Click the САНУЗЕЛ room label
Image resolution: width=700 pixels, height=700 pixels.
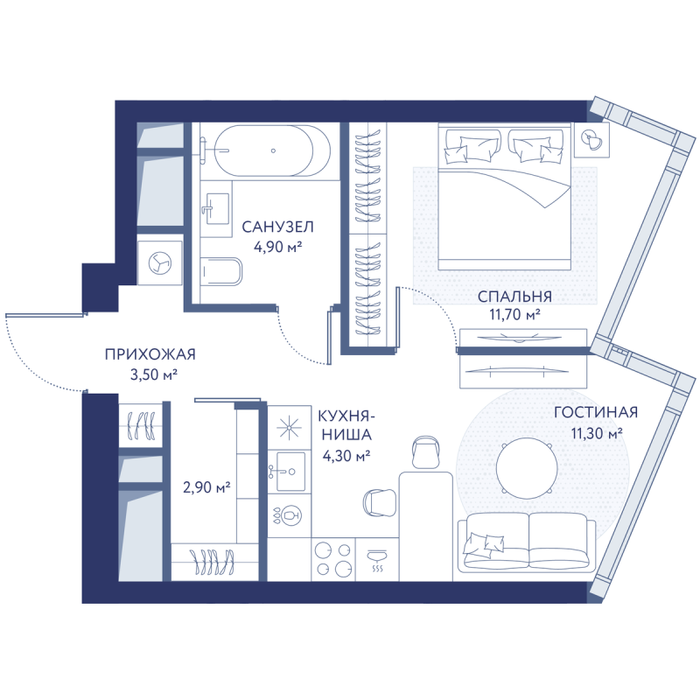pyautogui.click(x=277, y=227)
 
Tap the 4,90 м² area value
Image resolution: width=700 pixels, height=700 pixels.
pyautogui.click(x=277, y=247)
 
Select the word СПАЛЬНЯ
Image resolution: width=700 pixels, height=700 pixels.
pyautogui.click(x=514, y=297)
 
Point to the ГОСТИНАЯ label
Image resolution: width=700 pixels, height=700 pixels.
pyautogui.click(x=596, y=412)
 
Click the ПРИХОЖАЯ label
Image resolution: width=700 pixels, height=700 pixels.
pyautogui.click(x=150, y=354)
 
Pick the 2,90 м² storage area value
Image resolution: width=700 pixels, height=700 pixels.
pyautogui.click(x=206, y=487)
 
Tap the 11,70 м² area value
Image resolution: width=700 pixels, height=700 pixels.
pyautogui.click(x=514, y=315)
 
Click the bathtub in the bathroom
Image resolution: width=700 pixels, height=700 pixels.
pyautogui.click(x=272, y=150)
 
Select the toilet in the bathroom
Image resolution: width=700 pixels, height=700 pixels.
pyautogui.click(x=221, y=271)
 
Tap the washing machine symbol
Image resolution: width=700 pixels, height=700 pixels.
pyautogui.click(x=160, y=263)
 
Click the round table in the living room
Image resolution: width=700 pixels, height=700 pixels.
pyautogui.click(x=527, y=468)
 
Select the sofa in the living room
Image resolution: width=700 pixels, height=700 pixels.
pyautogui.click(x=527, y=542)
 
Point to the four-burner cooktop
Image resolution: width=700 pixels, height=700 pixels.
pyautogui.click(x=333, y=559)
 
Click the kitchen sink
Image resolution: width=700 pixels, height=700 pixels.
pyautogui.click(x=289, y=472)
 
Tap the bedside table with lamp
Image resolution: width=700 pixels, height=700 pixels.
pyautogui.click(x=592, y=140)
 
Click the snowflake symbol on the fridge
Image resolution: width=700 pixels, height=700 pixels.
pyautogui.click(x=289, y=427)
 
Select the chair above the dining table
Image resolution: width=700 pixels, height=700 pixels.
pyautogui.click(x=426, y=451)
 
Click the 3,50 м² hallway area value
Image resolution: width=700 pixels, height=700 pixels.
pyautogui.click(x=154, y=374)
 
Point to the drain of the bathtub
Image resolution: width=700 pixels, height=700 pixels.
pyautogui.click(x=273, y=150)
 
